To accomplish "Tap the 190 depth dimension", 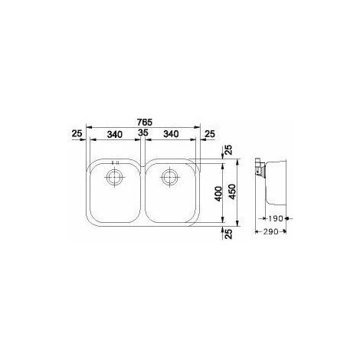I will click(277, 218).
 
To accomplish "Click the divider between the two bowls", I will click(142, 191).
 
